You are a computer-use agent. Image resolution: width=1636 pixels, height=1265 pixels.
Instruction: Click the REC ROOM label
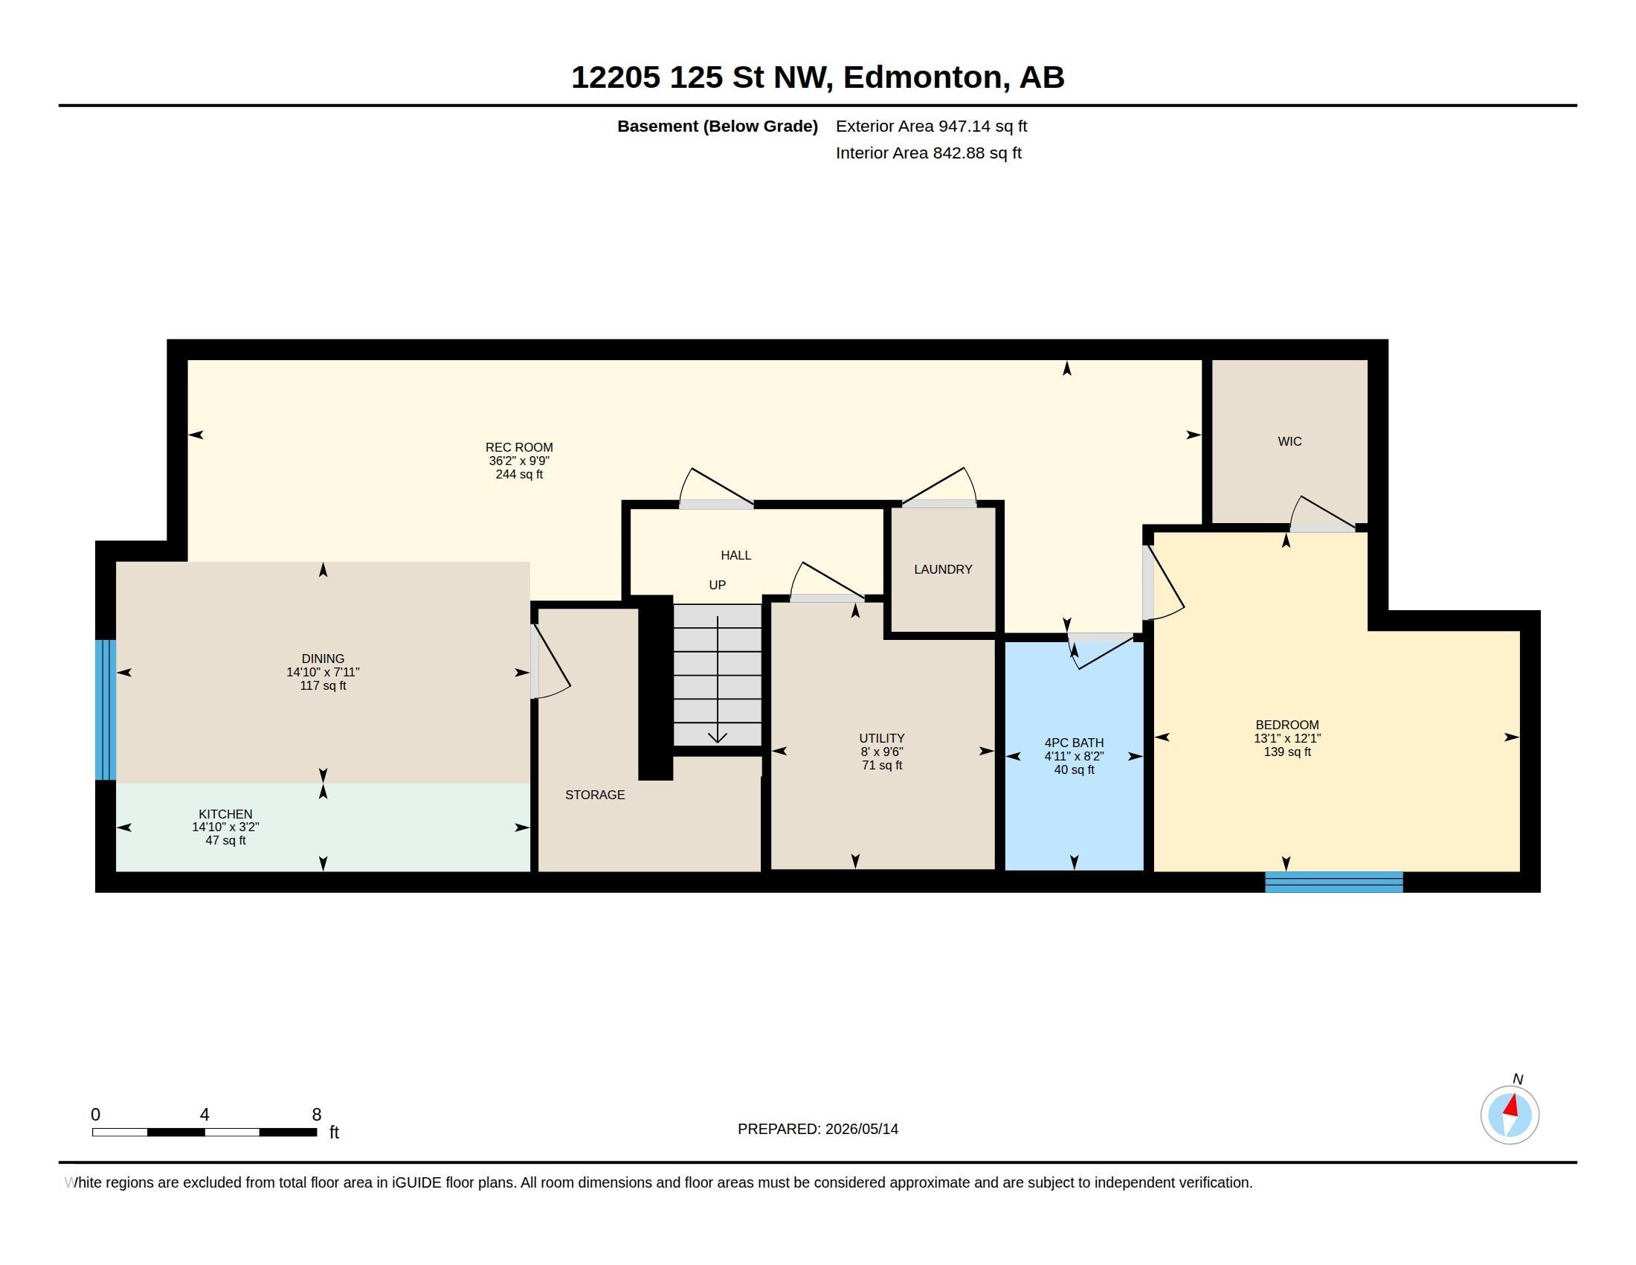(519, 447)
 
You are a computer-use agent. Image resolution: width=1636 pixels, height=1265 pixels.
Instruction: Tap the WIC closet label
(1289, 441)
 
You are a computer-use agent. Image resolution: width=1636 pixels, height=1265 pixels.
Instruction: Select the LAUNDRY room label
(943, 569)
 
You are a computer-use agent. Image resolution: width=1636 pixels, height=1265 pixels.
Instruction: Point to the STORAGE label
(595, 795)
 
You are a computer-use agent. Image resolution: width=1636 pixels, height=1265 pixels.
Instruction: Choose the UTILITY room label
(882, 738)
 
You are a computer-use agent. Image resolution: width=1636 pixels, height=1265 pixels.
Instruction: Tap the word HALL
(735, 555)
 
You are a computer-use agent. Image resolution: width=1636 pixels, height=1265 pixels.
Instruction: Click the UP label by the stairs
(717, 586)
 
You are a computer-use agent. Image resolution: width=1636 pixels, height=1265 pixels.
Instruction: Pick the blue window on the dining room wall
(106, 710)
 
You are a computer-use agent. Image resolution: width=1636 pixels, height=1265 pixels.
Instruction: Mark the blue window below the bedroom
(1333, 882)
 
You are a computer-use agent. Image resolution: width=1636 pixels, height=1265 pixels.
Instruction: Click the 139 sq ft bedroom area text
(1287, 752)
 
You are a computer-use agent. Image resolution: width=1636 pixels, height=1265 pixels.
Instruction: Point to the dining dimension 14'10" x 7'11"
(323, 672)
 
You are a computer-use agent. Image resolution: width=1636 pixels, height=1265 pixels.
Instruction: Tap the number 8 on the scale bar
(317, 1115)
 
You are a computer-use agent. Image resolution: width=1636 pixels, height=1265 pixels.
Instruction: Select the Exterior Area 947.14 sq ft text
(931, 126)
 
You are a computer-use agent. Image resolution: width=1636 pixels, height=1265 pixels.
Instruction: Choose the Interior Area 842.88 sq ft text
(928, 153)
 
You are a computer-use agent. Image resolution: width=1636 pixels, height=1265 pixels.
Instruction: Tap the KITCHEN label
(225, 814)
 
